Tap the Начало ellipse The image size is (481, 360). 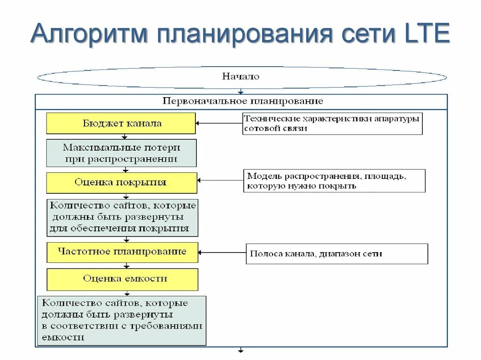(241, 77)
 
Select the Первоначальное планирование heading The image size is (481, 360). (242, 101)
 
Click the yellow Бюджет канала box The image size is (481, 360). (121, 123)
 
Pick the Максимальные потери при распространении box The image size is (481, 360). (121, 153)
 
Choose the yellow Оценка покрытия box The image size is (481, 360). (121, 183)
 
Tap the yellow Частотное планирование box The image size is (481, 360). (122, 252)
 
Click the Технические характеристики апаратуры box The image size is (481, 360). (332, 123)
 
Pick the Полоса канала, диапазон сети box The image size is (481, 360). (336, 253)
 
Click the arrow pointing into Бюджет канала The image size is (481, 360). (219, 123)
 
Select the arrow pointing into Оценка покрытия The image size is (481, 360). (221, 180)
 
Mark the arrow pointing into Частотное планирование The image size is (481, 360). (222, 253)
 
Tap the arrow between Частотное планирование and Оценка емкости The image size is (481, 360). (125, 266)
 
